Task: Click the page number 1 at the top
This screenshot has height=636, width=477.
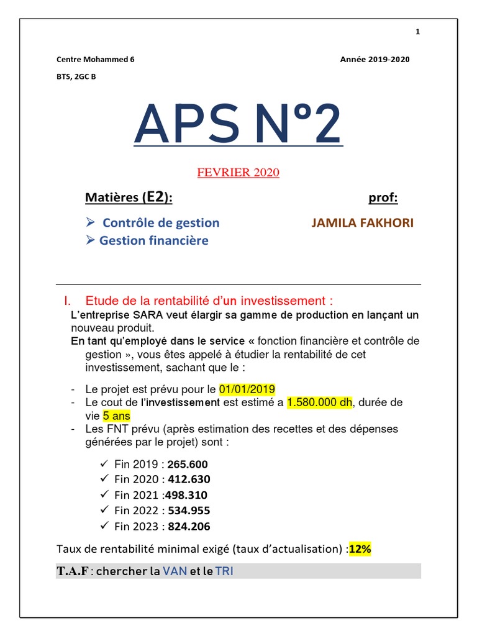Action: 418,32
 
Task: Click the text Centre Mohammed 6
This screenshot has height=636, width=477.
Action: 95,60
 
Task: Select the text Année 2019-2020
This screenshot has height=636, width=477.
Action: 375,60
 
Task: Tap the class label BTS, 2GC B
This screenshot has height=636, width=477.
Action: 76,77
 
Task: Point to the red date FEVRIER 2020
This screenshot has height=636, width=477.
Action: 238,173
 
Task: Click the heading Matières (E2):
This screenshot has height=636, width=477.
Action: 129,198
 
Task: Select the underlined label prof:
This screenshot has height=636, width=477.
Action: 383,198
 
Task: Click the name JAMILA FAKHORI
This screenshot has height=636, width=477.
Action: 362,223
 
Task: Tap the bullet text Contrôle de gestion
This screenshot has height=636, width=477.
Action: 161,223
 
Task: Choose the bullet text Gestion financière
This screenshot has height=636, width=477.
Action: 153,240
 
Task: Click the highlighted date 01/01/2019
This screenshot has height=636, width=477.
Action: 246,390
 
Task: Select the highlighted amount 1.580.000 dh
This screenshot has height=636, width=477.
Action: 319,402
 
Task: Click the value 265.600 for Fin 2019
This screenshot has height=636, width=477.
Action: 188,465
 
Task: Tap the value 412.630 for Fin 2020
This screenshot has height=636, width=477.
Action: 189,479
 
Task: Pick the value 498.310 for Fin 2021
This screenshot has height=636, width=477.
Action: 186,495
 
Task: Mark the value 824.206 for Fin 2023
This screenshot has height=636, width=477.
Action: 189,527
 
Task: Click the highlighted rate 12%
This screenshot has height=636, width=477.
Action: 360,549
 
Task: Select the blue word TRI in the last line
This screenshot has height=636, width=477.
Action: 224,571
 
